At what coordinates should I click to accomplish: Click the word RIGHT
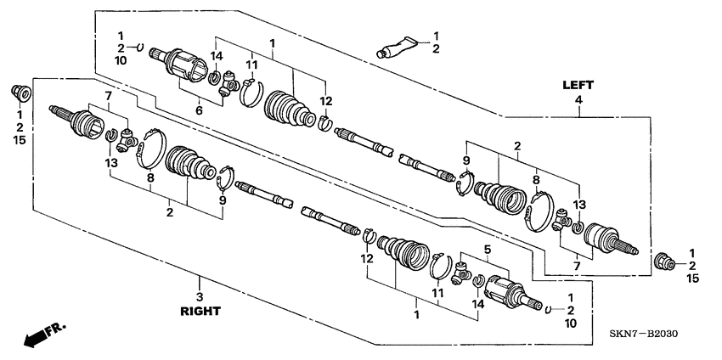click(200, 312)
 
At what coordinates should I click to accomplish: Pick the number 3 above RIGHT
click(200, 296)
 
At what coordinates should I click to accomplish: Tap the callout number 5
click(487, 250)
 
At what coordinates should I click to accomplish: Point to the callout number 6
click(199, 110)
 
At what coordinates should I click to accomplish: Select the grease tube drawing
click(399, 47)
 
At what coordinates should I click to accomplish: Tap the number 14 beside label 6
click(217, 58)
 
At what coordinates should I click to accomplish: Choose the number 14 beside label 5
click(479, 302)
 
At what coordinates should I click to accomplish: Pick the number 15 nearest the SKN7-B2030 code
click(692, 278)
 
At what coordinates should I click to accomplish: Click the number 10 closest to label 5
click(571, 323)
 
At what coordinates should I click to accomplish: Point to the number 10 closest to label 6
click(121, 60)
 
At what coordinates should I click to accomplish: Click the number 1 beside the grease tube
click(437, 36)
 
